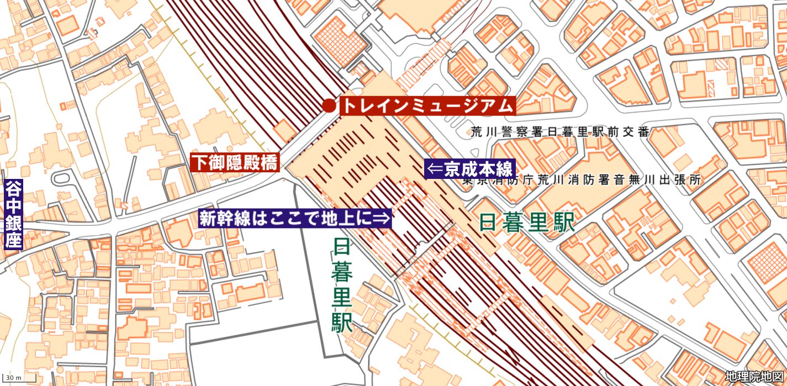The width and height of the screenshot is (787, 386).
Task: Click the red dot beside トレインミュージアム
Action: click(x=329, y=105)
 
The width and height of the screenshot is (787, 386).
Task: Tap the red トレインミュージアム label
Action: click(x=427, y=105)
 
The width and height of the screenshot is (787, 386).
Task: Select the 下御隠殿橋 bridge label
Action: click(x=235, y=162)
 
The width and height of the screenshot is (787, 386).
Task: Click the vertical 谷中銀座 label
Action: click(x=12, y=214)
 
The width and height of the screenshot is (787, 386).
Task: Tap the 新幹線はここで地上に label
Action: click(x=295, y=219)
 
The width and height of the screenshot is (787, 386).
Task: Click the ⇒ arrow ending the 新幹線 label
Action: click(x=383, y=219)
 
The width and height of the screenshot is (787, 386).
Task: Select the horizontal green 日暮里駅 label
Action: click(x=527, y=222)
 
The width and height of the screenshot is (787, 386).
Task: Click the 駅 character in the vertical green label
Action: click(x=342, y=322)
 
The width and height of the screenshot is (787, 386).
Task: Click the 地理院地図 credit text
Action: click(x=754, y=377)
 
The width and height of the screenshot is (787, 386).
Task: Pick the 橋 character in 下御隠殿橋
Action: click(x=270, y=162)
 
